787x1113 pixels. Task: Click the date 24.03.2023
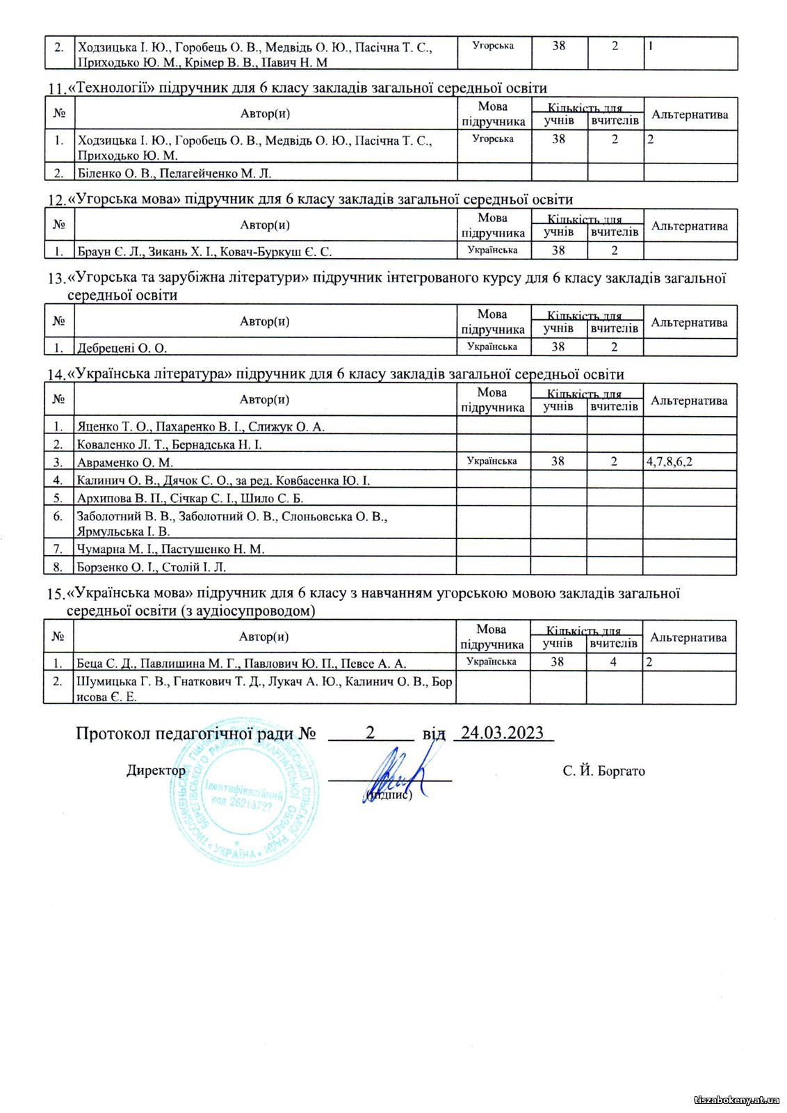[503, 732]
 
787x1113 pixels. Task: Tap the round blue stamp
[243, 793]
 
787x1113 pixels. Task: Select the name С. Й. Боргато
[603, 771]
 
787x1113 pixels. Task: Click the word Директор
[156, 770]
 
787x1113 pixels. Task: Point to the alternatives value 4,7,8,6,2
[670, 461]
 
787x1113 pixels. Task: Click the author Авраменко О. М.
[125, 462]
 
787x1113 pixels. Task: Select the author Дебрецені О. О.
[122, 348]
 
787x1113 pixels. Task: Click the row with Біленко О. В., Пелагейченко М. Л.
[174, 173]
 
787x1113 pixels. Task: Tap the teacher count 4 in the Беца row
[613, 662]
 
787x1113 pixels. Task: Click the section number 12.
[56, 200]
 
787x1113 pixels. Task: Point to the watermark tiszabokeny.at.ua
[737, 1100]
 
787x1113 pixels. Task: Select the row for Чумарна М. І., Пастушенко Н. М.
[171, 549]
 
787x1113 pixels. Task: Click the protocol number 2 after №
[371, 732]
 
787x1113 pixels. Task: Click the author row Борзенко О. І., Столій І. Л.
[152, 567]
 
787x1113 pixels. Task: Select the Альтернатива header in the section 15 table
[688, 637]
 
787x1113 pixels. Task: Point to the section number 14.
[56, 376]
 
